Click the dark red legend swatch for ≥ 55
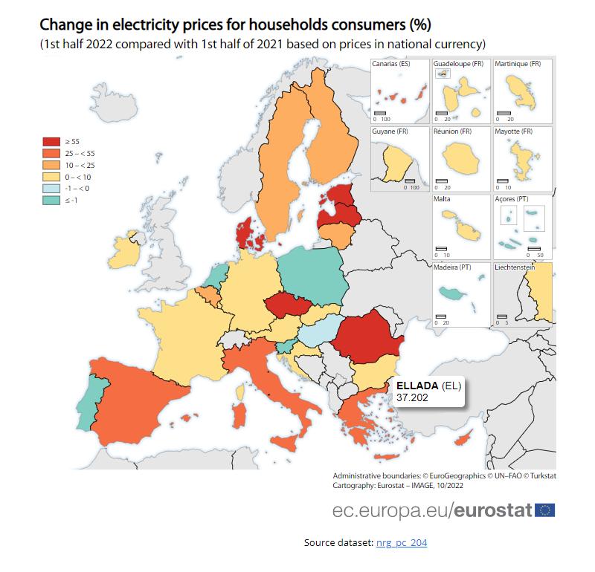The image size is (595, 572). pos(51,141)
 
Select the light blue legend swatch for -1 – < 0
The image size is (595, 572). pos(51,189)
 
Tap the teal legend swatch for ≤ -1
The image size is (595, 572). pos(51,200)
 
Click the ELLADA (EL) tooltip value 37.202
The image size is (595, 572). pos(412,397)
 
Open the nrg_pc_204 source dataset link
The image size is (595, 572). pos(402,543)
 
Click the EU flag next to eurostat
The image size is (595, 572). pos(545,510)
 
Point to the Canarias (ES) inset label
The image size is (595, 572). pos(391,64)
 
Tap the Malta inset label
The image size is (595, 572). pos(442,198)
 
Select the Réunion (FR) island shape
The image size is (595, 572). pos(461,158)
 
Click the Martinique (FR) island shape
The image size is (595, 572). pos(521,92)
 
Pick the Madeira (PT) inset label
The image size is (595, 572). pos(452,267)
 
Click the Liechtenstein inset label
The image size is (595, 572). pos(515,267)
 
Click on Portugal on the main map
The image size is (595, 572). pos(91,403)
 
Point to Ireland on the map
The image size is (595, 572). pos(124,252)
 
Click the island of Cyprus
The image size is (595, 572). pos(463,438)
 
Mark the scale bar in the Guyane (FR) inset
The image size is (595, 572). pos(410,181)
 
